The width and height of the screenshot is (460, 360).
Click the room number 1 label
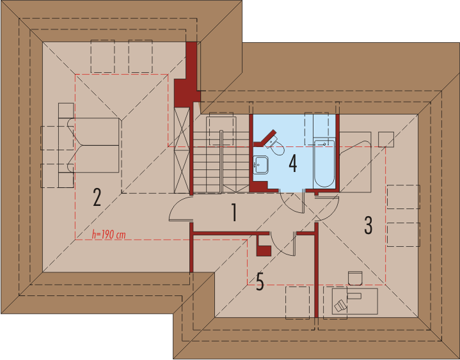point(234,212)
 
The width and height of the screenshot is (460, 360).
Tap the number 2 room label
point(97,198)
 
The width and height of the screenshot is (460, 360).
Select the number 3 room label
point(368,226)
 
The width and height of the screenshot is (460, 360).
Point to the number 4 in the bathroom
point(293,164)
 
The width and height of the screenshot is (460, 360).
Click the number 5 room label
point(260,281)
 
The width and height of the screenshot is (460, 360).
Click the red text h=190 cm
point(109,235)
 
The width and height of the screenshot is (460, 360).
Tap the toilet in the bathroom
point(276,146)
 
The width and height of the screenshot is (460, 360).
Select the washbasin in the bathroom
point(260,164)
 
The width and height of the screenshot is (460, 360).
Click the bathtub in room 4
point(324,164)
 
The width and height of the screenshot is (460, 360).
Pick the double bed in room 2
point(93,145)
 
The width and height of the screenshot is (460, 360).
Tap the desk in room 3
point(354,301)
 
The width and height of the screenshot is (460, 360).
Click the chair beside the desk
point(355,278)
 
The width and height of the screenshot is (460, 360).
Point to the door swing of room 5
point(282,244)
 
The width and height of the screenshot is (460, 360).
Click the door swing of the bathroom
point(292,202)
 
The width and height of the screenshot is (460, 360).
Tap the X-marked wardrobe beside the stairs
point(182,150)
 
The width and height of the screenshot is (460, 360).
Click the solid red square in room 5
point(264,251)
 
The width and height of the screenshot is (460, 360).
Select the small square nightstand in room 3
point(386,139)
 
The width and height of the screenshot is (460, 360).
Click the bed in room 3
point(356,162)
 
